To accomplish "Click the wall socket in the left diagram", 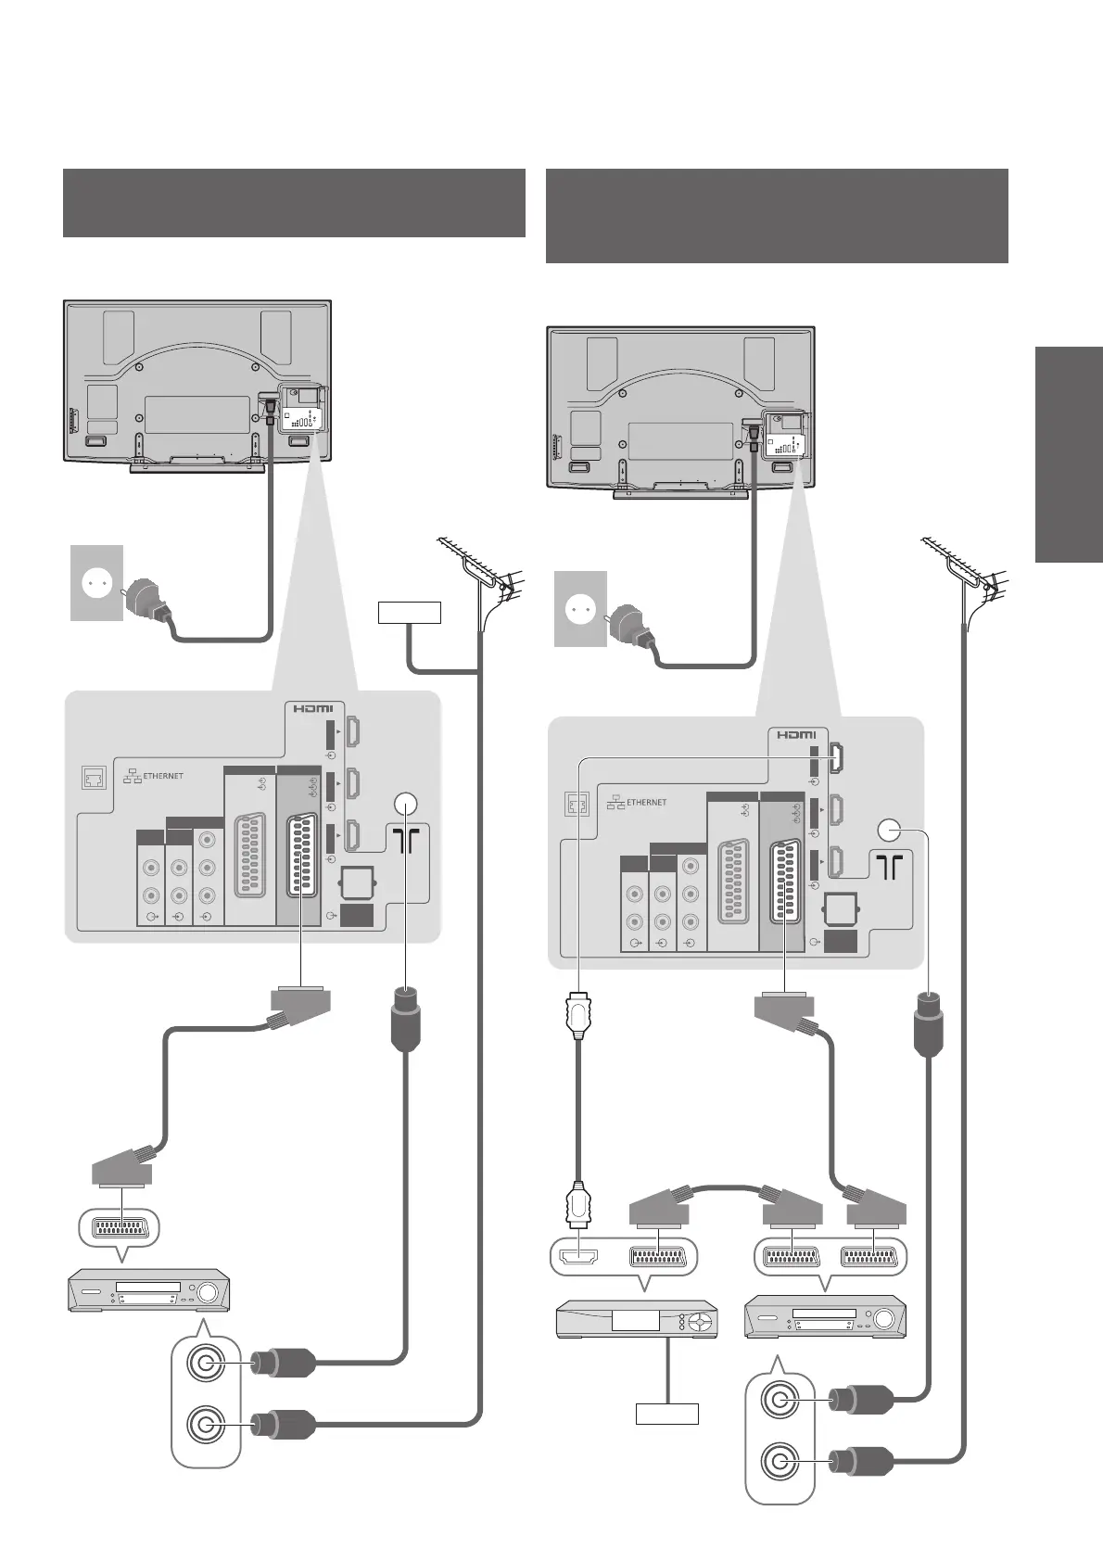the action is click(x=97, y=583).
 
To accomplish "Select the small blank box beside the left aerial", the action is click(x=409, y=612).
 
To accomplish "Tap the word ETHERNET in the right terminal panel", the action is click(x=646, y=802).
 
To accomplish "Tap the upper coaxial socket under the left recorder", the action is click(x=205, y=1363).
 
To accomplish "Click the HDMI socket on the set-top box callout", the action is click(x=577, y=1257).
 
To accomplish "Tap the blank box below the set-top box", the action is click(x=666, y=1414).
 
